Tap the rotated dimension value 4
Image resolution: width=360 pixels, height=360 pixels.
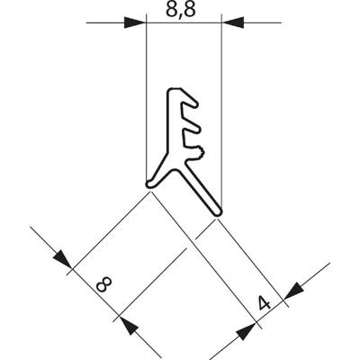coord(263,305)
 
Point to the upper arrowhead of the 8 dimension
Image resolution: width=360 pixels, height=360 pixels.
coord(62,259)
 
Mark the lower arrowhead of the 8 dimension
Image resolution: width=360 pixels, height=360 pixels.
coord(128,324)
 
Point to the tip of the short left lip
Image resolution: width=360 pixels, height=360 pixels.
coord(151,185)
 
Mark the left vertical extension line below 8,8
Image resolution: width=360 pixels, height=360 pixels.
coord(146,108)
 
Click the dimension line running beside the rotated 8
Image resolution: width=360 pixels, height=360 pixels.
coord(94,292)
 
